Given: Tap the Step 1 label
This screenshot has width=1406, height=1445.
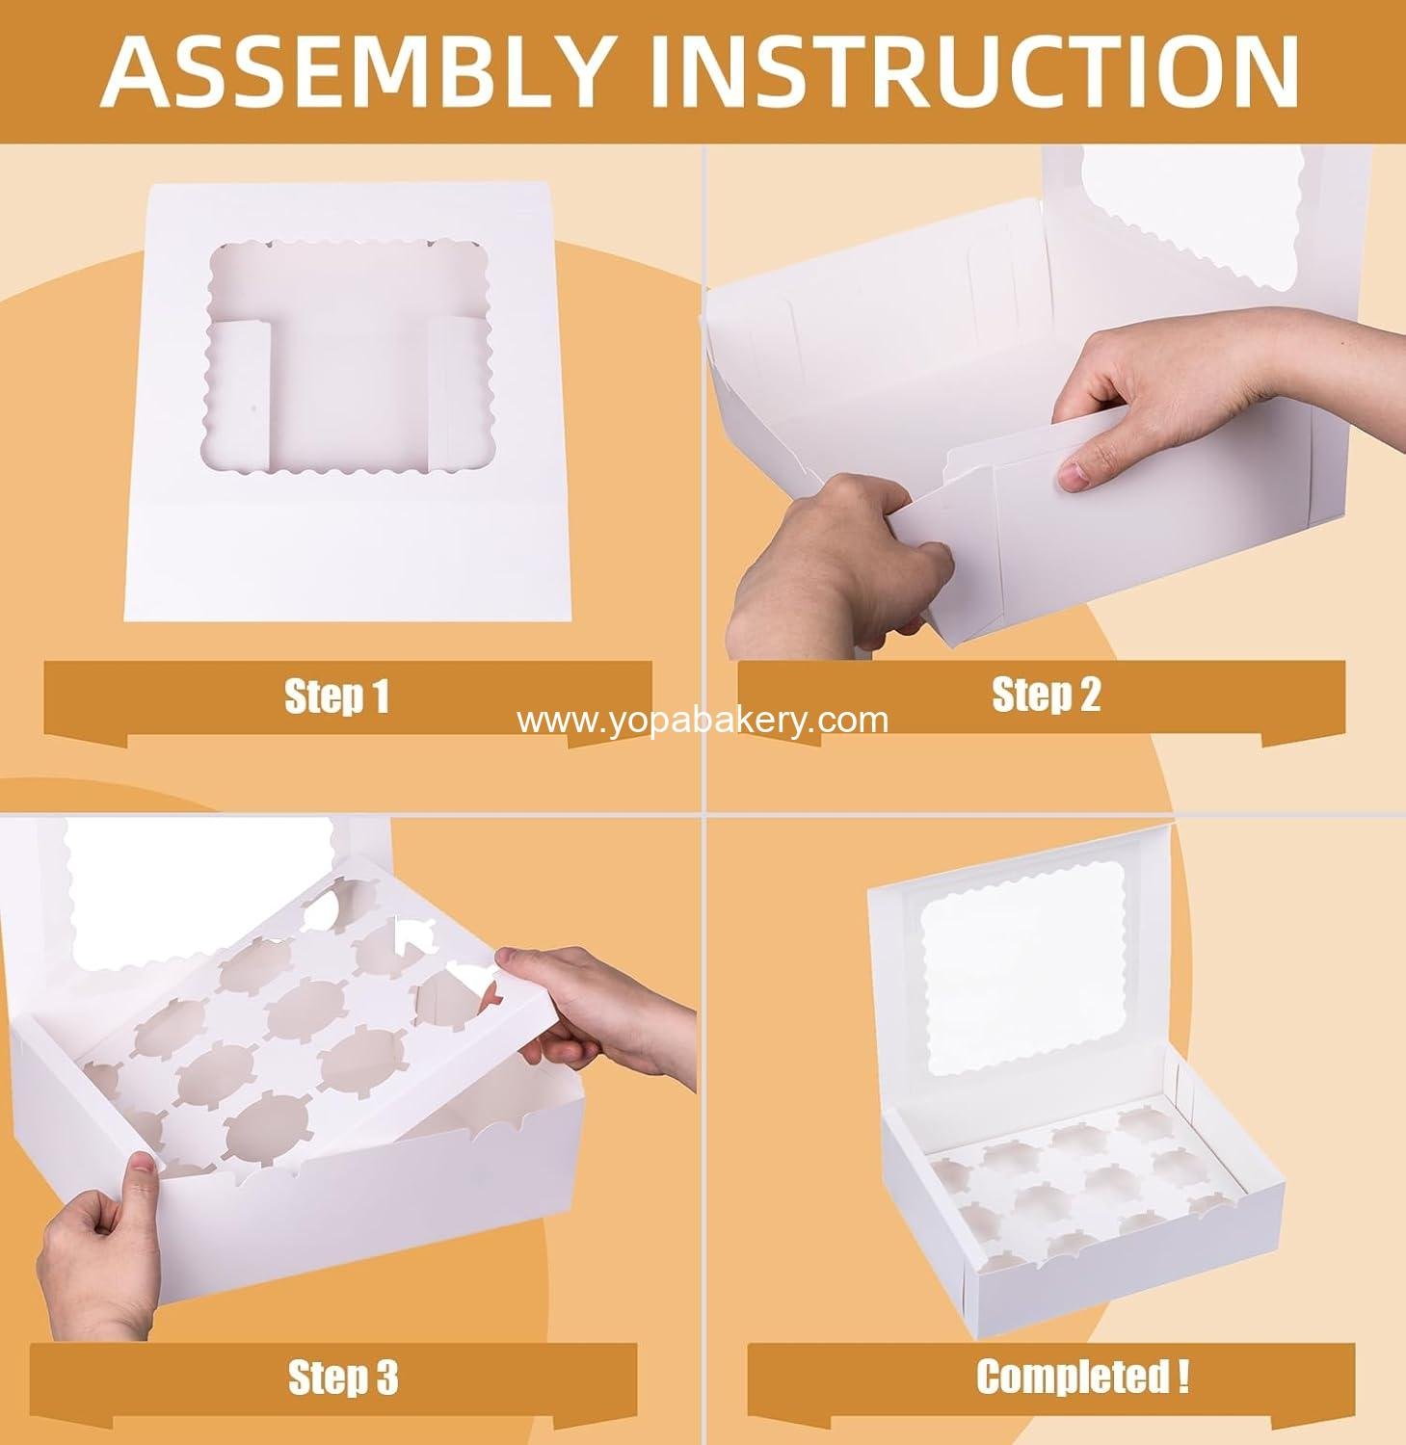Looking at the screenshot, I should tap(336, 696).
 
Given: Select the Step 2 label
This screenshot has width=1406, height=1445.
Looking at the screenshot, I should tap(1046, 696).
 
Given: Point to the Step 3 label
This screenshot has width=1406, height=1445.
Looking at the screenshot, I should tap(343, 1378).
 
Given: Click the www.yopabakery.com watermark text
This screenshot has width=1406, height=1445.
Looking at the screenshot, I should tap(703, 721).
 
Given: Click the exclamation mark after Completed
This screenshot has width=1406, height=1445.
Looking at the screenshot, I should tap(1182, 1376).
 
